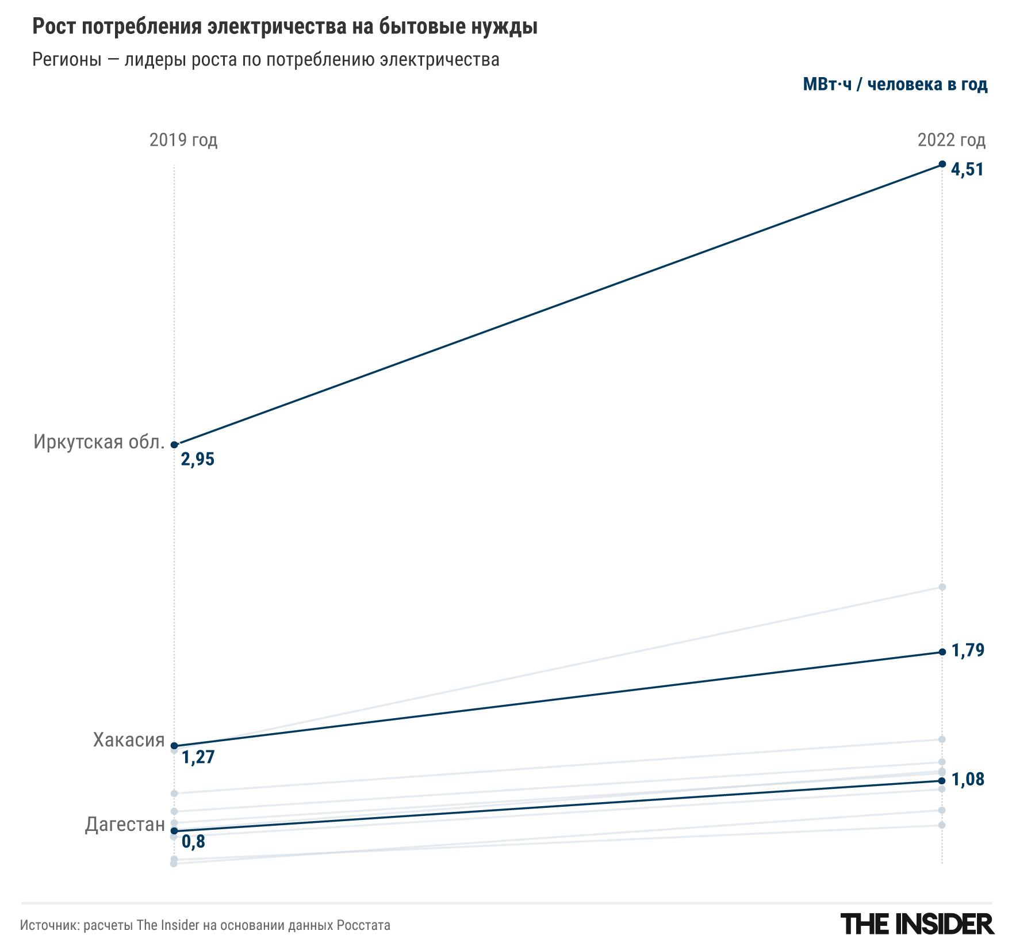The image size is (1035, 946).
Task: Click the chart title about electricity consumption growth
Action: pos(285,27)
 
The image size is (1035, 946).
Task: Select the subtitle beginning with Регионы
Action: pos(266,60)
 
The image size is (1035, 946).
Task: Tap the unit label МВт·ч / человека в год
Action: pos(895,85)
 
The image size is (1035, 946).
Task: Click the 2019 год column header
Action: pos(183,140)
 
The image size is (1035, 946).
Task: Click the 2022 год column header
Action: pos(951,140)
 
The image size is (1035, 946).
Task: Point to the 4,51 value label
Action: pos(967,170)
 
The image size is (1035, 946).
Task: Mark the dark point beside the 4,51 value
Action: pos(942,164)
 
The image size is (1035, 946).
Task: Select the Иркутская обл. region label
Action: pos(99,442)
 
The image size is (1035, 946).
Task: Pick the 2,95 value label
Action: pos(197,459)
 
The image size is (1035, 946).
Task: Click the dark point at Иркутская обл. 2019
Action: pos(174,445)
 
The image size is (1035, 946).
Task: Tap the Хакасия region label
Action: pos(129,740)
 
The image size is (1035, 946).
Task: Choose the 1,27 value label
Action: pos(198,757)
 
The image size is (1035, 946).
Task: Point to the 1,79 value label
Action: pos(968,651)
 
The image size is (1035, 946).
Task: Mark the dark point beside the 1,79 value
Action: pos(942,652)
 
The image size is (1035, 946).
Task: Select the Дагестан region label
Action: pos(125,825)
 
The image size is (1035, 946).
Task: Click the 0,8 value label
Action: pos(193,842)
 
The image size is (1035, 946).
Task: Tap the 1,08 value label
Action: pos(968,780)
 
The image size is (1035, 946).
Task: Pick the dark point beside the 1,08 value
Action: pos(942,781)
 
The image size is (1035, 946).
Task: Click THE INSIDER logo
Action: pos(917,924)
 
